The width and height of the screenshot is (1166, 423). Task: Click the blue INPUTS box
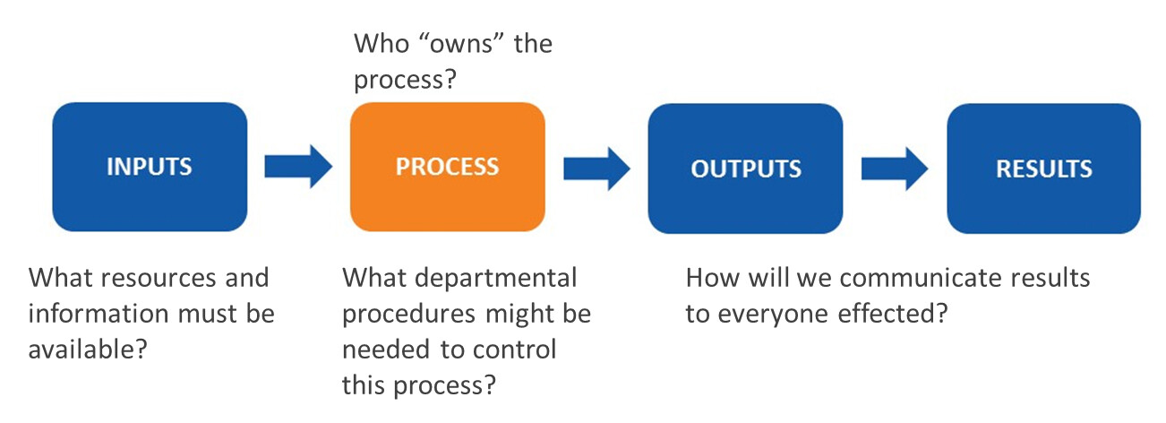(150, 167)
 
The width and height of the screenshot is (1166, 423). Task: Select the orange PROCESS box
(448, 167)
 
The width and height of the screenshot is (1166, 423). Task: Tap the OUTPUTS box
(745, 168)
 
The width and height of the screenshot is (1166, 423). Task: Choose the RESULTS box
(1043, 168)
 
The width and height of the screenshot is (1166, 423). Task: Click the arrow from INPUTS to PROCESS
(298, 166)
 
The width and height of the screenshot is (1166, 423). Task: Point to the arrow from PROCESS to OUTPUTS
(597, 168)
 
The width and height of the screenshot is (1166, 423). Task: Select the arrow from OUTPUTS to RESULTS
(895, 168)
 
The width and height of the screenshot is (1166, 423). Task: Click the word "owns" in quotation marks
(461, 43)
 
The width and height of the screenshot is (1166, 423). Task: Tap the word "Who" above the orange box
(382, 43)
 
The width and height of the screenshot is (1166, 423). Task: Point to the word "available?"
(88, 349)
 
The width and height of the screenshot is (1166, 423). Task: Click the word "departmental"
(496, 279)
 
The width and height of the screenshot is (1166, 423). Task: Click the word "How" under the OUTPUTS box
(713, 278)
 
